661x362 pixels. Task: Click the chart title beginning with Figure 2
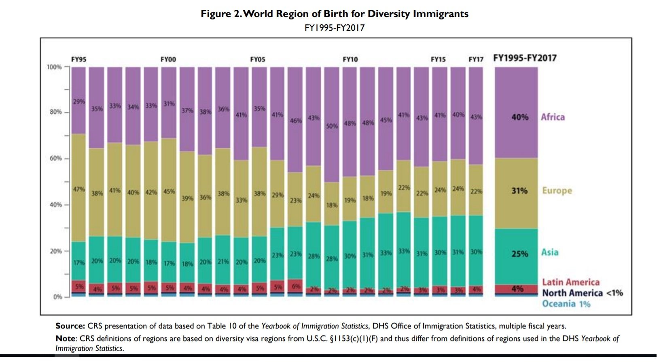click(335, 14)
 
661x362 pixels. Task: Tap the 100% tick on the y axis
click(54, 67)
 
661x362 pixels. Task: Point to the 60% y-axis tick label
click(55, 158)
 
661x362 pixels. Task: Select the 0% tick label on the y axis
click(57, 297)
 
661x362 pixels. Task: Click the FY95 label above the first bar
click(78, 59)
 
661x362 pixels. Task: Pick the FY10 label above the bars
click(350, 59)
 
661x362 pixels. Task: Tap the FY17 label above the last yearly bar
click(476, 59)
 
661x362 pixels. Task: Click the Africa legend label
click(553, 117)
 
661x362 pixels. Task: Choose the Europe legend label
click(557, 190)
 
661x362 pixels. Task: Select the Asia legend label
click(550, 252)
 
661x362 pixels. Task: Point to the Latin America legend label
click(571, 282)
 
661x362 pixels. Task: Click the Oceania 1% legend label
click(566, 304)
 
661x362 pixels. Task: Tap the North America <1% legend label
click(582, 293)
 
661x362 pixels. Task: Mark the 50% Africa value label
click(332, 126)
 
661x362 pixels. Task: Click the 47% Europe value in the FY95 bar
click(79, 189)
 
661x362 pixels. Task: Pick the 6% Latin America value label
click(296, 286)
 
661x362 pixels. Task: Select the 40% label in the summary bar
click(519, 117)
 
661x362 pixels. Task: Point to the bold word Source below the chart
click(70, 326)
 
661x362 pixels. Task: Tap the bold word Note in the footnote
click(66, 338)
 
